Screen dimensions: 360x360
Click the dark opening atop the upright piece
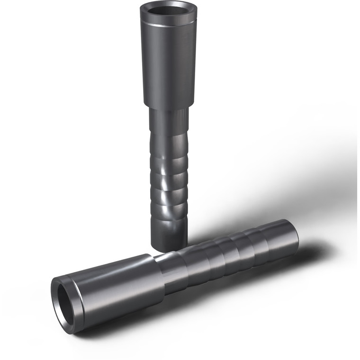click(x=168, y=10)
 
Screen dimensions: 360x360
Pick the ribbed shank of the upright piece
click(x=169, y=180)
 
